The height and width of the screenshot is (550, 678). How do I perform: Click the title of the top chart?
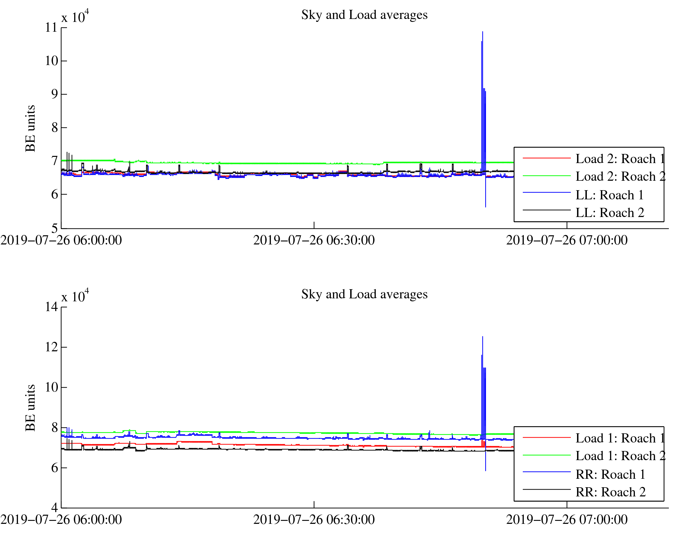coord(364,15)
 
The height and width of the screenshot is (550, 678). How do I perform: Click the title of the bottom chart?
coord(364,294)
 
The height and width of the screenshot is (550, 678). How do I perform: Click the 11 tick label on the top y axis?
coord(51,27)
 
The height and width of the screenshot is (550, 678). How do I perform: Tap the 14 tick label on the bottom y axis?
coord(51,307)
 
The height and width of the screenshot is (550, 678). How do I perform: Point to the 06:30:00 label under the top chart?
coord(314,241)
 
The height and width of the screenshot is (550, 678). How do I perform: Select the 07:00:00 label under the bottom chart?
coord(567,520)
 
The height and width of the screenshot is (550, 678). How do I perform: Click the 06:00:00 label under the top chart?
coord(61,241)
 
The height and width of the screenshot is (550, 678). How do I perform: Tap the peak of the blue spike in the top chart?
coord(482,32)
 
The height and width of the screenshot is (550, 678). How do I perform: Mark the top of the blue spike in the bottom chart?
coord(482,337)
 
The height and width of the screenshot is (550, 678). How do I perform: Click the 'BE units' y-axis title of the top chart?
coord(30,128)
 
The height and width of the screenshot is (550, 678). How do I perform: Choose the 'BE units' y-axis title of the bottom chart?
coord(30,408)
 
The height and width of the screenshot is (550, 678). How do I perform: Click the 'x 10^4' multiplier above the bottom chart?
coord(75,296)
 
